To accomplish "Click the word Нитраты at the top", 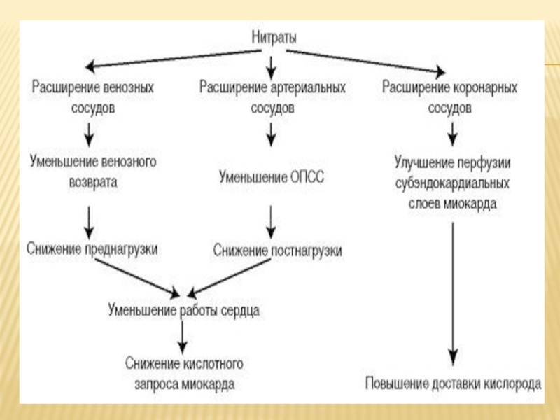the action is point(274,37).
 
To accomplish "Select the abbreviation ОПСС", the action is point(307,177).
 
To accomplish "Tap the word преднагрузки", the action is point(121,249).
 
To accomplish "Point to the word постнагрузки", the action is point(307,251).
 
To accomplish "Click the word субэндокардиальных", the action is point(452,183).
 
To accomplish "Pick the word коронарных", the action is point(483,87).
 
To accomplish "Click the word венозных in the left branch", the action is point(128,87).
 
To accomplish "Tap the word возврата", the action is point(93,182).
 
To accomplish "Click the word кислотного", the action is point(213,363).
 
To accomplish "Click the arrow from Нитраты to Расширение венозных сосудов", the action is point(174,59).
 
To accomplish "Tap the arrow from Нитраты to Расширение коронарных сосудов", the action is point(365,62).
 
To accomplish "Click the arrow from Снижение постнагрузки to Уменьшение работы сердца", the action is point(229,279).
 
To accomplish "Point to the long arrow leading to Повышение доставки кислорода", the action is point(453,293).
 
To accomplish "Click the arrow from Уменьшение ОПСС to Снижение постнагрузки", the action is point(271,222).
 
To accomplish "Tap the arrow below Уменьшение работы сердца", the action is point(182,337).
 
